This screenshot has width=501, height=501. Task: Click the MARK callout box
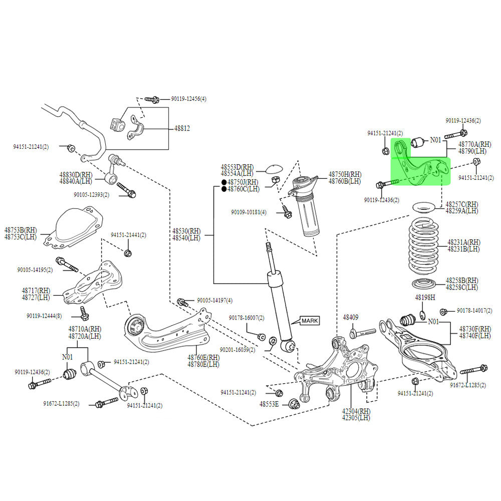(x=309, y=320)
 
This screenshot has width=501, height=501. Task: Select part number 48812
(x=182, y=128)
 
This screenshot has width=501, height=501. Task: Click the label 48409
(x=351, y=317)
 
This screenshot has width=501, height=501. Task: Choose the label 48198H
(x=425, y=297)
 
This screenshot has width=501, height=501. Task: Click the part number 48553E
(x=269, y=404)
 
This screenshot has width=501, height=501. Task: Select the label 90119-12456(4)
(x=188, y=99)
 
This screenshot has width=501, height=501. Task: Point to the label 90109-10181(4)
(x=248, y=212)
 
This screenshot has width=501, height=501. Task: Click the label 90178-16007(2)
(x=246, y=318)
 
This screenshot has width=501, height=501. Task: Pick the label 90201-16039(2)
(x=237, y=350)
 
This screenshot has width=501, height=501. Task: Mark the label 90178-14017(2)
(x=476, y=311)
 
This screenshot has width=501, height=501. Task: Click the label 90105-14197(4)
(x=214, y=301)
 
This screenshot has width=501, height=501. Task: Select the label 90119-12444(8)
(x=45, y=316)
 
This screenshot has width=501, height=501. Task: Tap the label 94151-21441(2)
(x=128, y=235)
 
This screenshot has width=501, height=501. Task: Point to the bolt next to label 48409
(x=363, y=332)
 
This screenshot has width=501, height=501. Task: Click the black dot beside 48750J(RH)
(x=224, y=182)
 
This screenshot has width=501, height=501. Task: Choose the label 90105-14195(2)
(x=35, y=270)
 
